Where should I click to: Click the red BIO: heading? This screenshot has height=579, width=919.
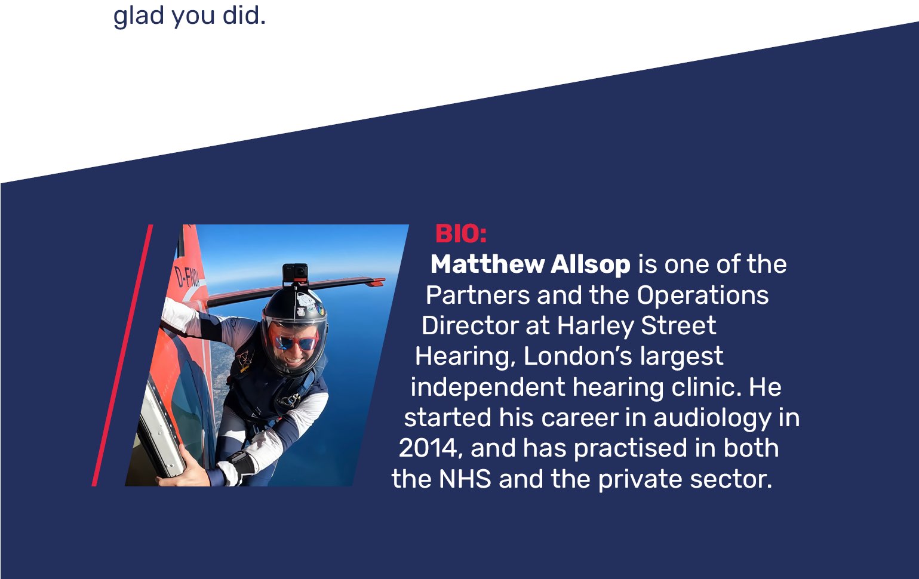(461, 234)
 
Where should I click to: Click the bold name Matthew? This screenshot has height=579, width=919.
(487, 264)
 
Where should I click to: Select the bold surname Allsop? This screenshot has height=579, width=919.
(591, 264)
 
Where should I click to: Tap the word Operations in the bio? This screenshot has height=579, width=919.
(702, 295)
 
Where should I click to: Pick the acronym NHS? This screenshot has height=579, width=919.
(465, 479)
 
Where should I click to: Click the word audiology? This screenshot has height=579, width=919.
(712, 418)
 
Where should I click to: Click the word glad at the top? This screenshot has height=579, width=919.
(139, 16)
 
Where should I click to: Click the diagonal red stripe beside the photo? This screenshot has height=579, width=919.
(122, 355)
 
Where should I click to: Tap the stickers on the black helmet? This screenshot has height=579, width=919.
(309, 306)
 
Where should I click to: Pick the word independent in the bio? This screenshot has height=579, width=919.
(488, 387)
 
